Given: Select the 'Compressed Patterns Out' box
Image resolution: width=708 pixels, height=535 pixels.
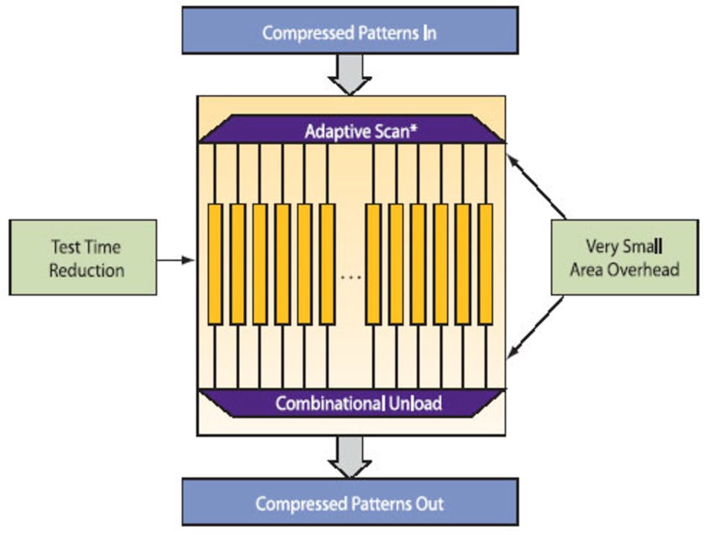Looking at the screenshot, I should (x=350, y=503).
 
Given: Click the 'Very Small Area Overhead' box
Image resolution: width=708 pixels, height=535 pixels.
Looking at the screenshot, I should (x=625, y=257).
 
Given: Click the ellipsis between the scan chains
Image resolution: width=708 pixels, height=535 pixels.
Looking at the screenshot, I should (x=350, y=277).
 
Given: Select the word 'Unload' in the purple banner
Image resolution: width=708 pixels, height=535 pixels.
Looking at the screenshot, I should (x=415, y=403).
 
